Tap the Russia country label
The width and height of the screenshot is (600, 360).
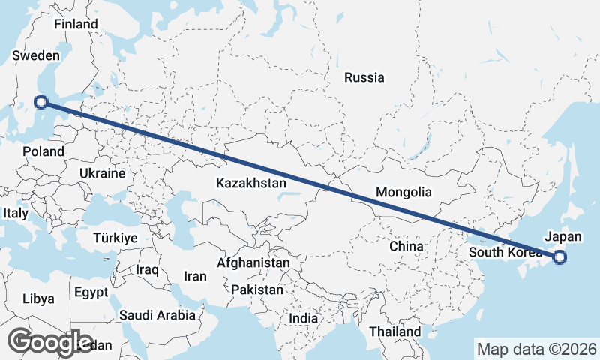point(364,77)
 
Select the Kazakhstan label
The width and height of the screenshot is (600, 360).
point(251,183)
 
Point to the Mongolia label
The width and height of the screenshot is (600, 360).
point(404,192)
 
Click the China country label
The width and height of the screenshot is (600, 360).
point(406,245)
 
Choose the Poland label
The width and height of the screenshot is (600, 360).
point(43,151)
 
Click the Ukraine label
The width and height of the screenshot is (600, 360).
point(102,173)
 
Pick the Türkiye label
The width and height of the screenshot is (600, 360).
point(115,238)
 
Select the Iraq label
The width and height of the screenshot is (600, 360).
point(148,268)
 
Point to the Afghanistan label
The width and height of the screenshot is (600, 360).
point(253,263)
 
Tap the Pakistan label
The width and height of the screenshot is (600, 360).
point(257,289)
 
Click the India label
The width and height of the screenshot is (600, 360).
point(304,318)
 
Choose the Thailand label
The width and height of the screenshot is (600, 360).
point(395,331)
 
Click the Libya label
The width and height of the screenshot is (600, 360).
point(39,298)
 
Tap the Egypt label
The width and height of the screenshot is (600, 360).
point(91,292)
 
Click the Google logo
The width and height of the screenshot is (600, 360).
point(49,342)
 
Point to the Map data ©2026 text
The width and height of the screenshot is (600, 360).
point(536,349)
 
